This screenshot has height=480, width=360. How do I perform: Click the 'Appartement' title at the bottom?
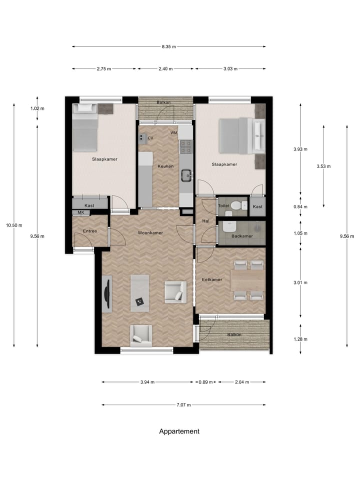click(179, 431)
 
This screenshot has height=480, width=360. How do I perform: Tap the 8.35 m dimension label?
click(169, 47)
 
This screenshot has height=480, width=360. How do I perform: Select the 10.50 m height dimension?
click(14, 225)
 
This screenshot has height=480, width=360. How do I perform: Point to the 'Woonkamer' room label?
click(150, 233)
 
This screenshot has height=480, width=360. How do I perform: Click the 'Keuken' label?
click(165, 166)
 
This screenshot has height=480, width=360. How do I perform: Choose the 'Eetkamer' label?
click(212, 279)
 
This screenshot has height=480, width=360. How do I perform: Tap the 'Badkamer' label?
click(242, 236)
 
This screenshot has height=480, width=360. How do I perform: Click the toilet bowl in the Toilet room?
click(236, 205)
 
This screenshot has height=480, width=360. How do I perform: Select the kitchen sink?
click(186, 175)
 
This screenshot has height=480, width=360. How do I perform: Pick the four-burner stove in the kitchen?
click(186, 146)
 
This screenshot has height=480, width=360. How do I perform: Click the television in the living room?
click(106, 294)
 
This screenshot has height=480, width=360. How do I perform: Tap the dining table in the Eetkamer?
click(247, 280)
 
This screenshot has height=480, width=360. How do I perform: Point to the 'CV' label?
click(150, 138)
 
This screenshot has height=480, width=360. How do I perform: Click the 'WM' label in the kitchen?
click(174, 133)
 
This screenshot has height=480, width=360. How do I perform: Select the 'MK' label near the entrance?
click(81, 212)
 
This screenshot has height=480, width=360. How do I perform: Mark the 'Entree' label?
click(90, 231)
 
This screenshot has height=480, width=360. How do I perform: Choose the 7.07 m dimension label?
click(183, 405)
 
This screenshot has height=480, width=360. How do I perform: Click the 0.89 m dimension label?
click(205, 382)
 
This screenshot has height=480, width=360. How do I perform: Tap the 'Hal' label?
click(205, 221)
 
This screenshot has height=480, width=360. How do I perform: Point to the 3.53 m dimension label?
click(323, 166)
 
